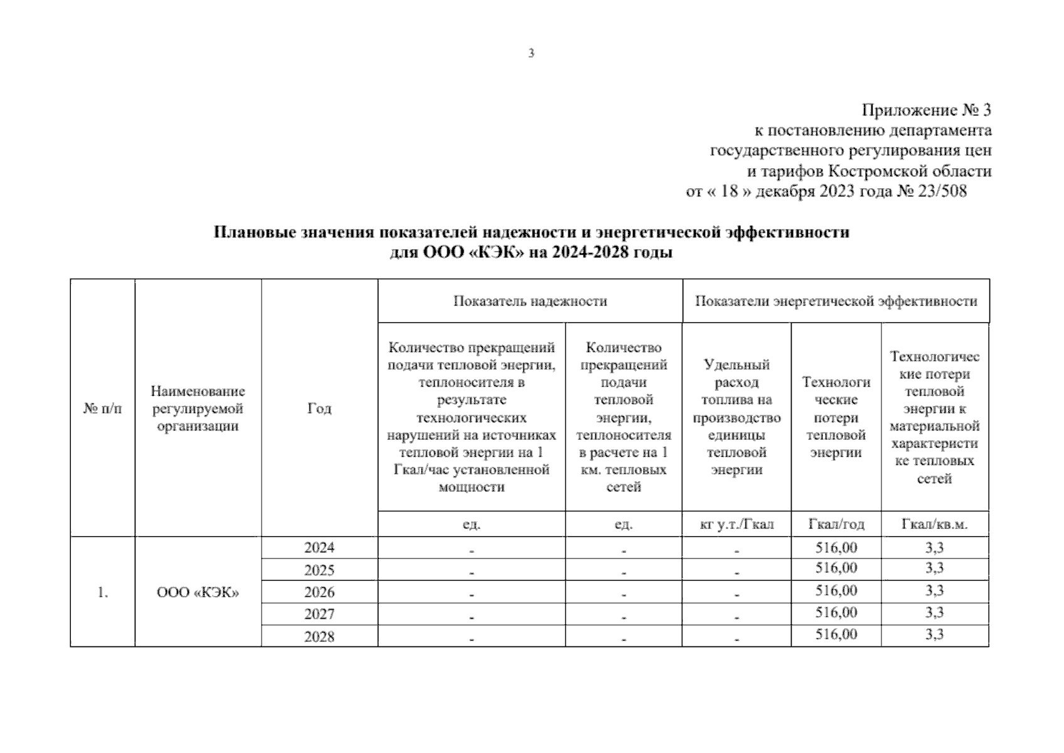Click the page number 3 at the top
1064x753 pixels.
(531, 53)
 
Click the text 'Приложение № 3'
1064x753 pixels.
(926, 111)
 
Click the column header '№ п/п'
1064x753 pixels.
(102, 409)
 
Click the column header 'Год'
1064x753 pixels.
(319, 409)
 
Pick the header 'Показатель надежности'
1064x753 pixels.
(530, 301)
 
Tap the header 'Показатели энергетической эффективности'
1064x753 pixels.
(836, 301)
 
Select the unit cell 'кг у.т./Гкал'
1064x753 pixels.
(737, 524)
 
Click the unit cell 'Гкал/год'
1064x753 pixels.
(836, 524)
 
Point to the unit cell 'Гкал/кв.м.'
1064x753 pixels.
(934, 524)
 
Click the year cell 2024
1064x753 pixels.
(319, 548)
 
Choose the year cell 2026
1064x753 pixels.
(319, 592)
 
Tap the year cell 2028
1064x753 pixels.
(319, 636)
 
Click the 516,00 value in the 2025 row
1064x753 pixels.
(836, 569)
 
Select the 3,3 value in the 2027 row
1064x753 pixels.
(934, 612)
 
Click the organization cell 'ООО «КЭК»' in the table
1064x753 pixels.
(198, 592)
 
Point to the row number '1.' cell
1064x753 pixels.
(103, 592)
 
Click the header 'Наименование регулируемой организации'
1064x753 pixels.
(198, 409)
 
